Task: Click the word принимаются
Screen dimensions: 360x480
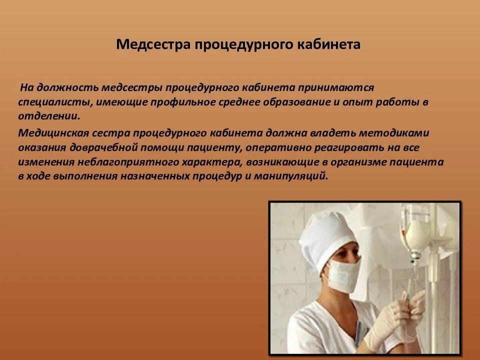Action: pyautogui.click(x=331, y=87)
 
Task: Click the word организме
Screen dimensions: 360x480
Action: pyautogui.click(x=359, y=162)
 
